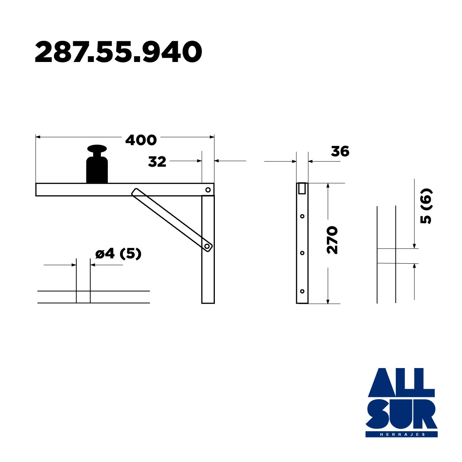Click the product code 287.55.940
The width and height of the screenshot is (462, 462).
tap(119, 52)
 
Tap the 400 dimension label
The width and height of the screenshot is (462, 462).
tap(141, 140)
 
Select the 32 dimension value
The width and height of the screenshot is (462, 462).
tap(157, 162)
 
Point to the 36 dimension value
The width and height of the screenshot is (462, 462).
tap(340, 151)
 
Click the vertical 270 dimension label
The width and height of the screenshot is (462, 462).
tap(332, 240)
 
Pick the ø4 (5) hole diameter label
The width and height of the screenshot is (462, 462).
tap(119, 254)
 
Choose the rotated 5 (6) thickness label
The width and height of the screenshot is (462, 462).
tap(426, 206)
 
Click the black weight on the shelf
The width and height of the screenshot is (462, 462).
tap(97, 164)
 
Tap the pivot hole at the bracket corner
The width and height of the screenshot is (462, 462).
tap(208, 190)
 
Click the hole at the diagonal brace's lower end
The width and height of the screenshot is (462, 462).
tap(207, 246)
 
